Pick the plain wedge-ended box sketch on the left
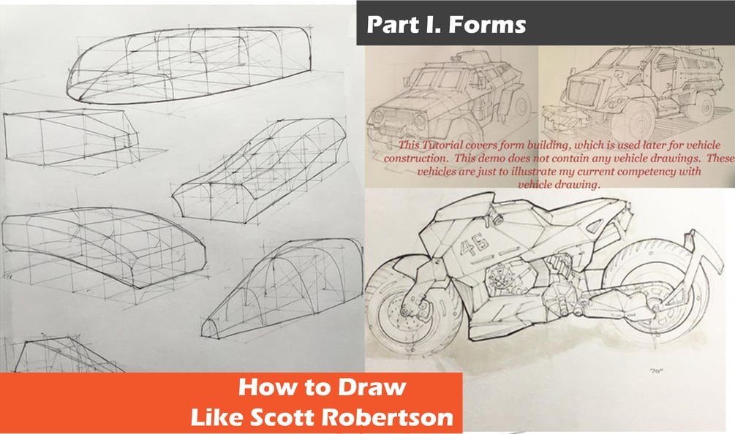(71, 137)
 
